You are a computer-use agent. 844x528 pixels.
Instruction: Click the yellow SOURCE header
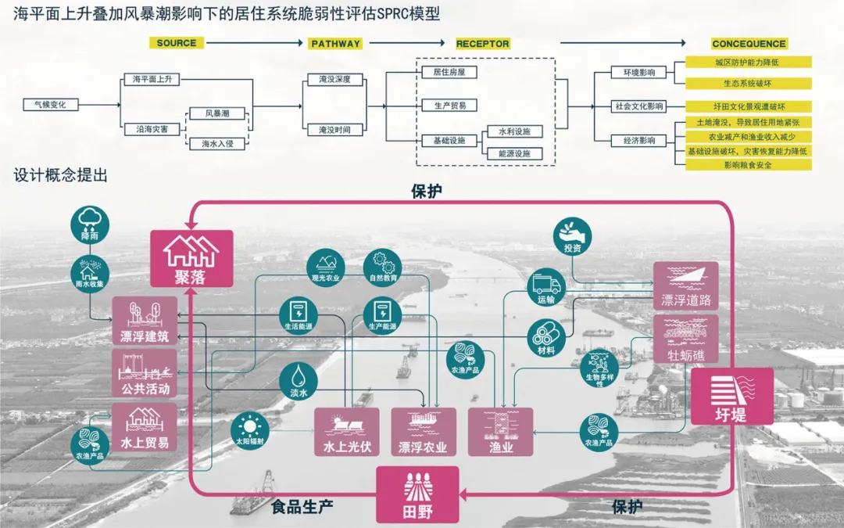point(176,43)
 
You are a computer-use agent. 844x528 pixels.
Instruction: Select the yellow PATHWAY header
point(335,44)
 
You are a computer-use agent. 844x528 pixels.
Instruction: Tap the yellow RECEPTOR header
point(482,44)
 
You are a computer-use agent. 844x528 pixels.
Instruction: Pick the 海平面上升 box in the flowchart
point(152,80)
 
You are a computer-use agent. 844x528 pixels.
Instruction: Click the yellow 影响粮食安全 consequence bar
point(748,165)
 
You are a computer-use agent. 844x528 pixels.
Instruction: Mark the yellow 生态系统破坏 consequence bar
point(748,83)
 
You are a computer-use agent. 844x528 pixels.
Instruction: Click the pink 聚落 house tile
point(191,257)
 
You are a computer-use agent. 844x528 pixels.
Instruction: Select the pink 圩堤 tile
point(731,397)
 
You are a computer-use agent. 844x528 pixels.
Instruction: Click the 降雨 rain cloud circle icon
point(90,223)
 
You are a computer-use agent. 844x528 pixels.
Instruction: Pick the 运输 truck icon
point(546,286)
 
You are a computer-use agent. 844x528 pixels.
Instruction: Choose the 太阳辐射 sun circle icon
point(249,428)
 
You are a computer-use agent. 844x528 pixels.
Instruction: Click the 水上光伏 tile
point(346,432)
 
